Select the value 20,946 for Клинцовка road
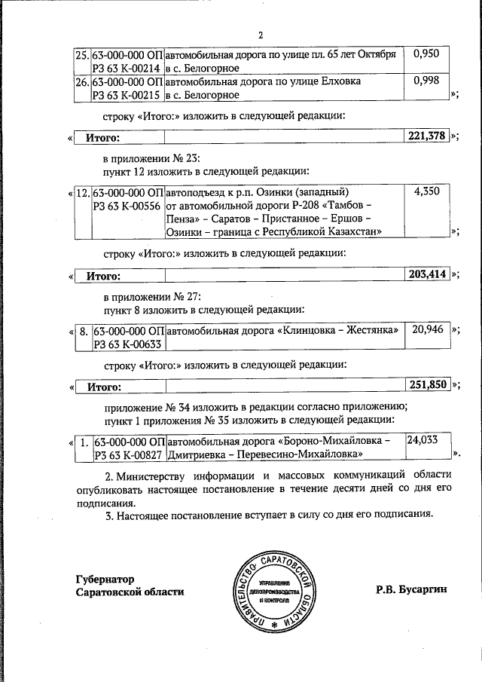427,329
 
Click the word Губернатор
105,580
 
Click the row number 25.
82,54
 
